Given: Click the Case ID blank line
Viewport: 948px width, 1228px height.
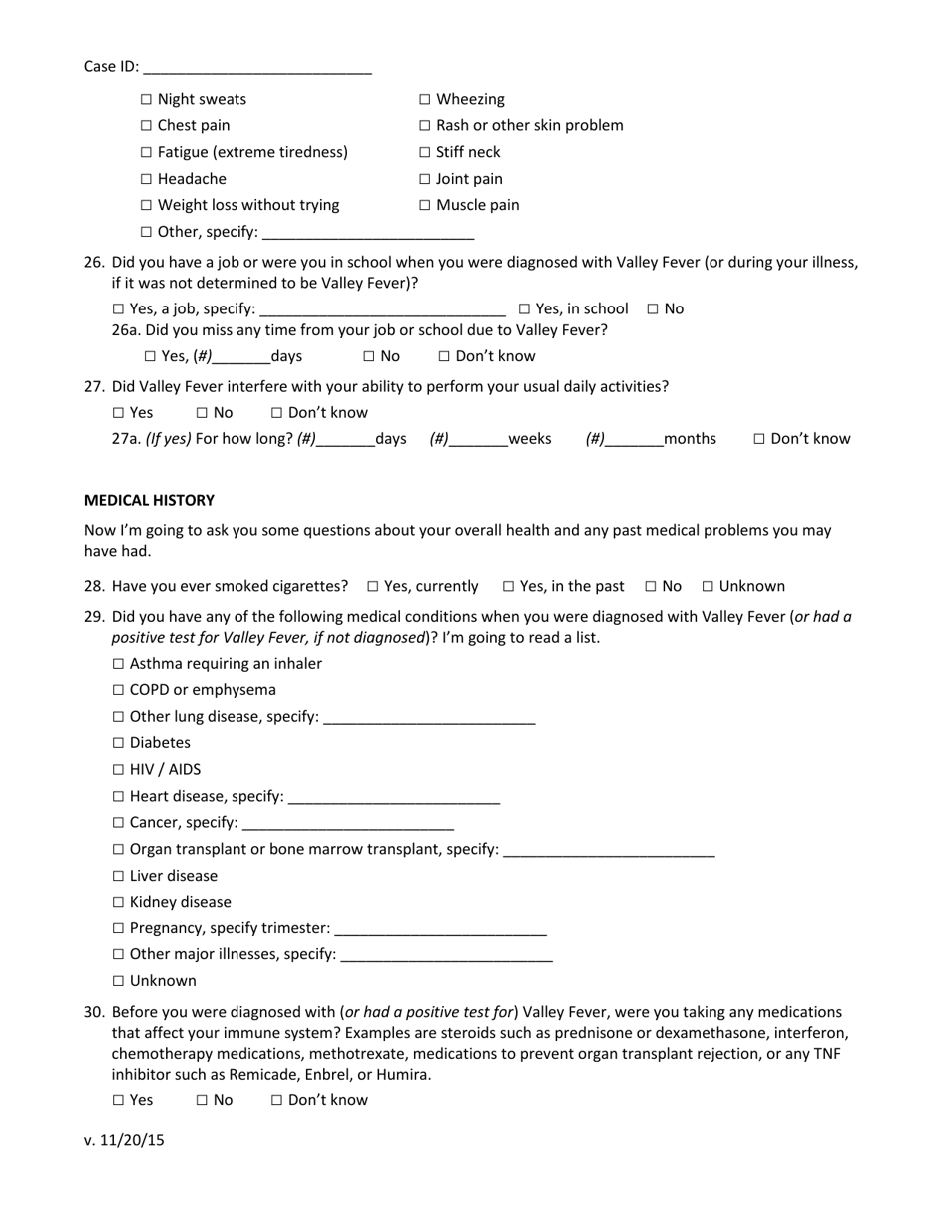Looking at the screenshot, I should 257,70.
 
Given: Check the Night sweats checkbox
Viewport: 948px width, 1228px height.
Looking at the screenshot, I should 147,100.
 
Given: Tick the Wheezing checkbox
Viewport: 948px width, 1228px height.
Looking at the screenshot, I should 425,100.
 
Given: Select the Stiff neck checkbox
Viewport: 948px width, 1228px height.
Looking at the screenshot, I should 425,153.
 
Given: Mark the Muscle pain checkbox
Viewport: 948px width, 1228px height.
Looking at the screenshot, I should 425,206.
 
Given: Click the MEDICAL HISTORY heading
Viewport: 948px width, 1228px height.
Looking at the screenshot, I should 149,500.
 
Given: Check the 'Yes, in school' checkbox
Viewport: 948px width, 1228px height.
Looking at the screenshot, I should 524,309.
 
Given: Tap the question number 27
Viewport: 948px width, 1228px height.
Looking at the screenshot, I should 95,386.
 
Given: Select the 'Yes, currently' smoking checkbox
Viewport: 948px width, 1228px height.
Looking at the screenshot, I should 373,587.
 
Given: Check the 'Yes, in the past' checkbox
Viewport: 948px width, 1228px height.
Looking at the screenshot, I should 508,587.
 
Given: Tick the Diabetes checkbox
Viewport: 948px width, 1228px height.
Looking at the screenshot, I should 119,743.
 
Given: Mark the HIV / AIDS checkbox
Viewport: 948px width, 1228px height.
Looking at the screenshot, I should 119,770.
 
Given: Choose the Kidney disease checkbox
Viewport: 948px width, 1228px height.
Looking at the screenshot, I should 119,903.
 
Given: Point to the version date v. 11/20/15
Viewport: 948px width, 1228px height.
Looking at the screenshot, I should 124,1140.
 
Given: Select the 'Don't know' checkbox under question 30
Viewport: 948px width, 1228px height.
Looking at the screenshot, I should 277,1101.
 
